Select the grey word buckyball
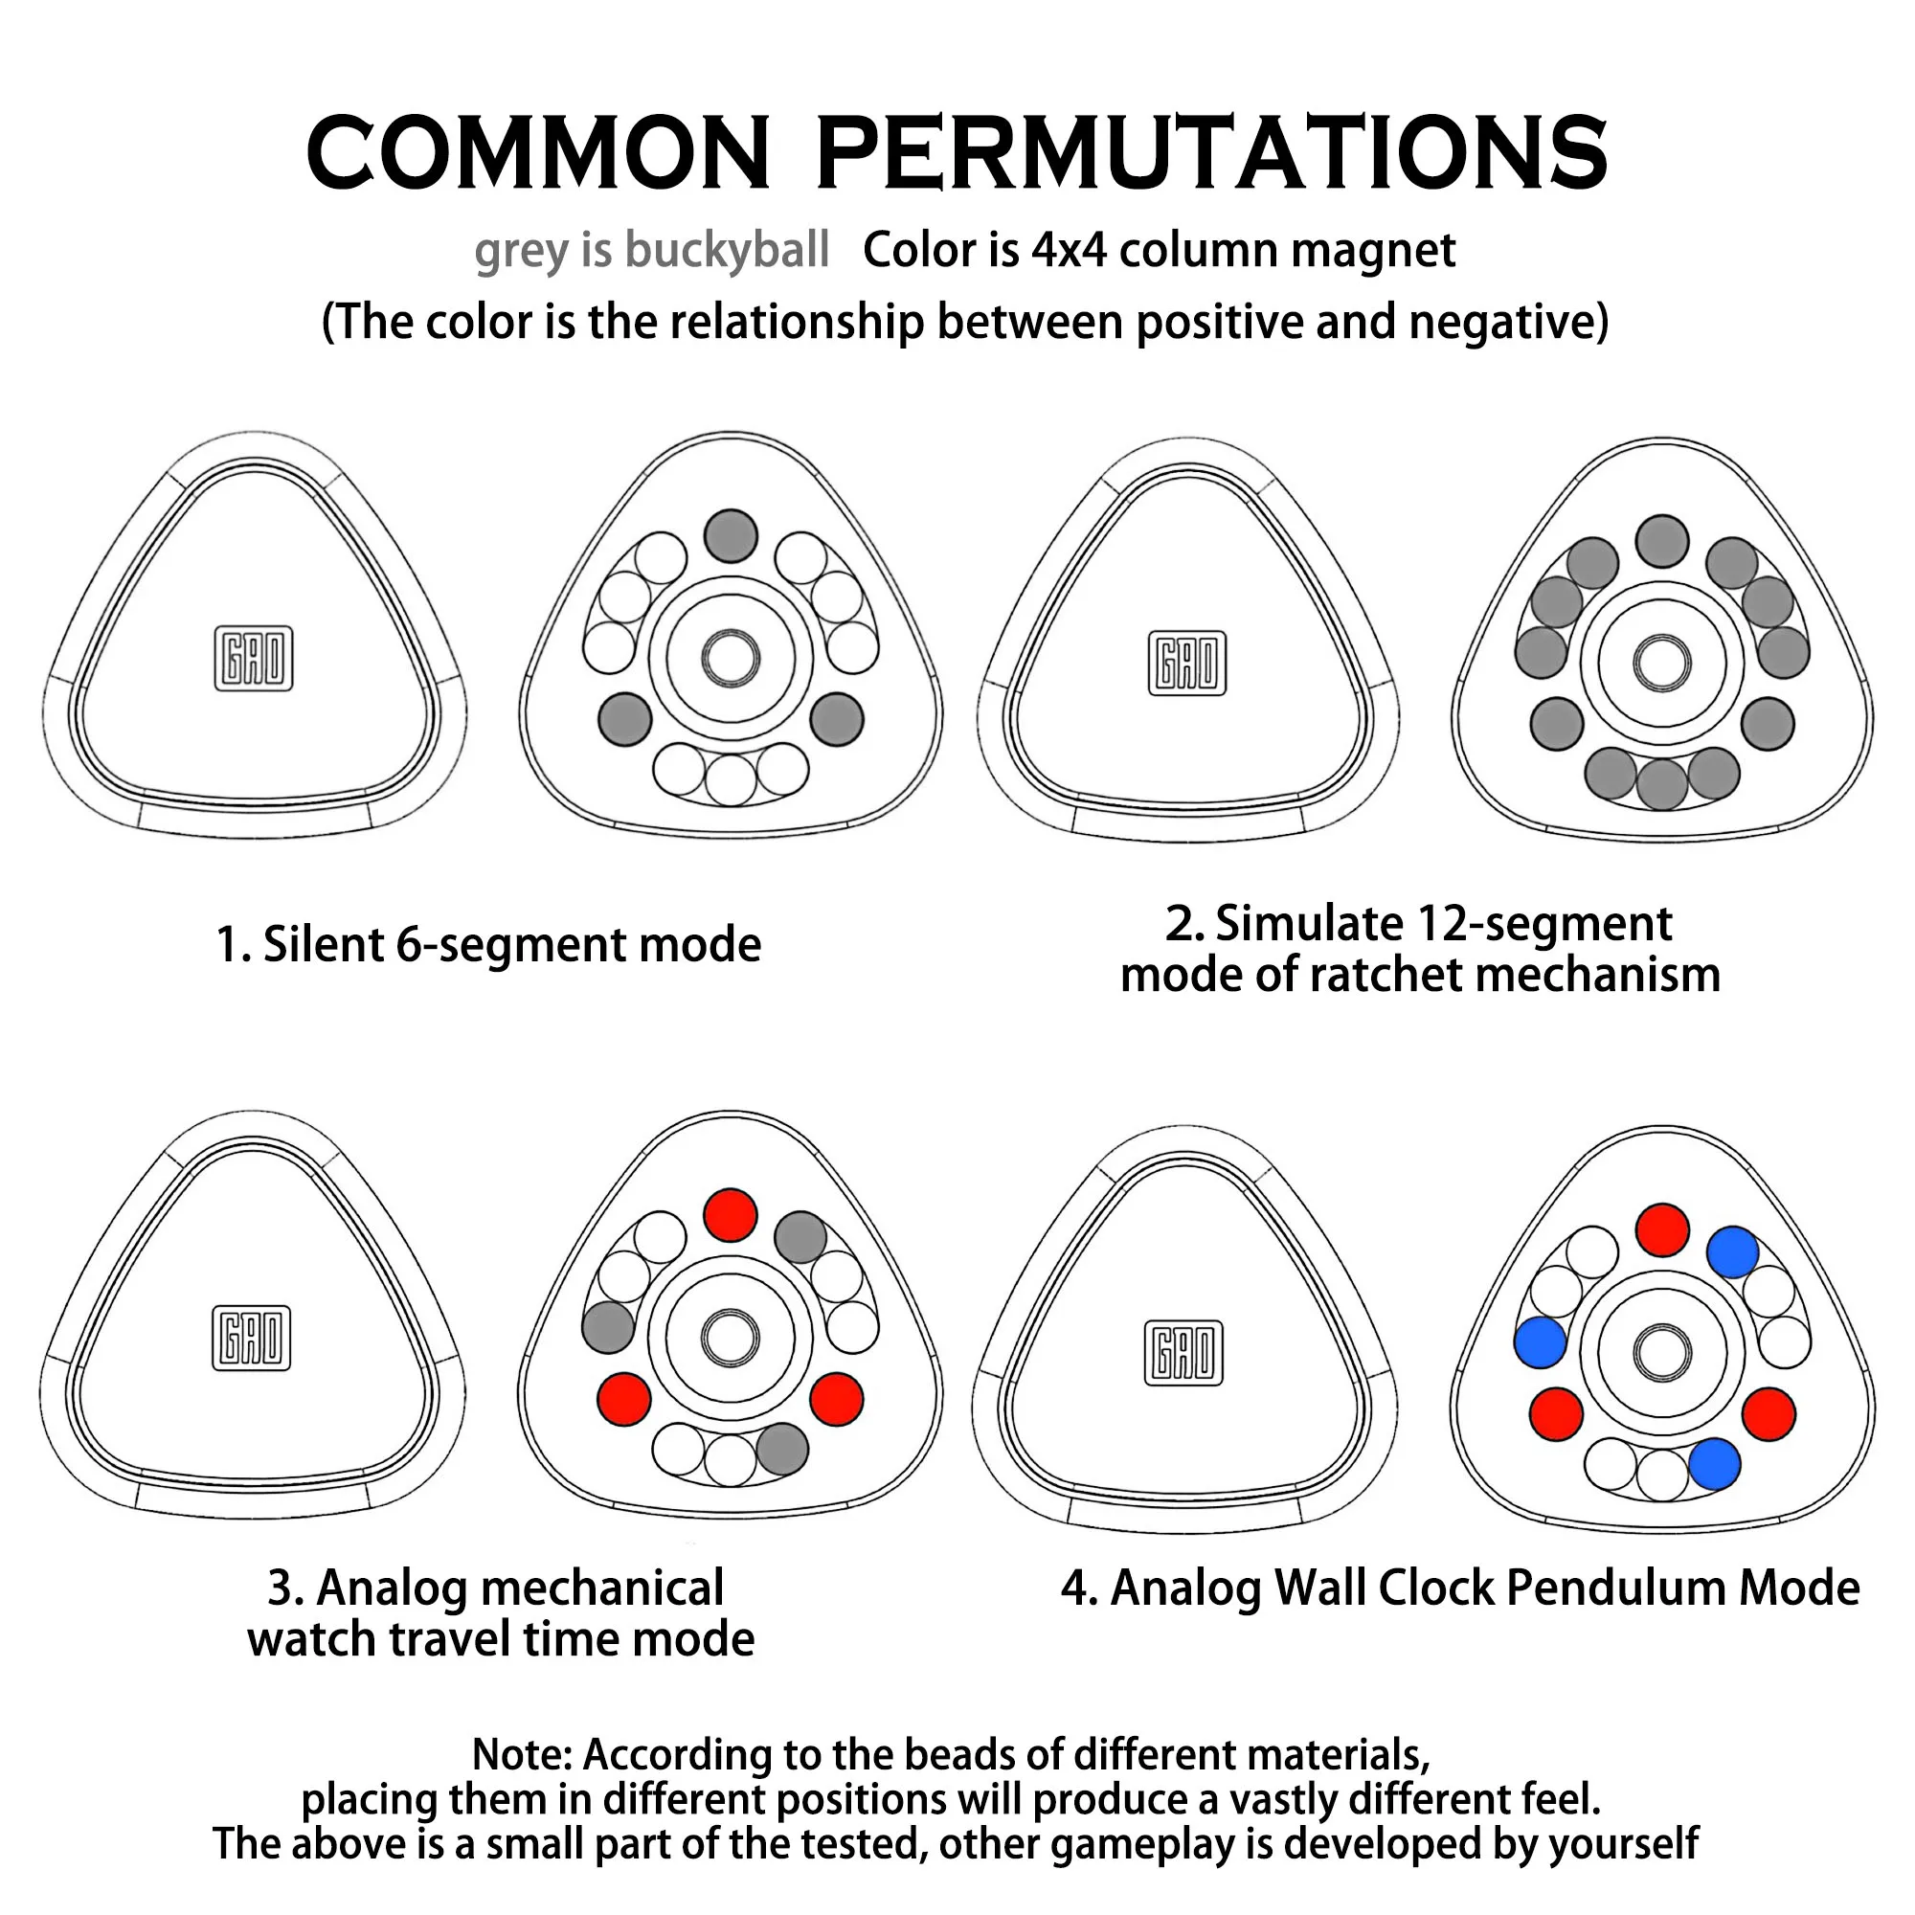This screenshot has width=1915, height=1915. (728, 250)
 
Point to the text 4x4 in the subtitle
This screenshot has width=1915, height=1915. (1069, 250)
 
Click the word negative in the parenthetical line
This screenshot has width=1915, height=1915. (1501, 322)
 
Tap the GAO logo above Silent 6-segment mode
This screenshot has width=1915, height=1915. (254, 658)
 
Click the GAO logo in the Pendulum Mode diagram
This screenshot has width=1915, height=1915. (1183, 1352)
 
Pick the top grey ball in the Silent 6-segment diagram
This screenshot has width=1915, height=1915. (731, 535)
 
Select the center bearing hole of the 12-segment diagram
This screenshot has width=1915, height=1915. (1662, 663)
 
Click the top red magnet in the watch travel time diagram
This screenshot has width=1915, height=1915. (731, 1215)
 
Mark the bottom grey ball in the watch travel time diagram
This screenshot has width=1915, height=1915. (782, 1449)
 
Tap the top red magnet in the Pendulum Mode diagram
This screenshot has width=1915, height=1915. (1662, 1230)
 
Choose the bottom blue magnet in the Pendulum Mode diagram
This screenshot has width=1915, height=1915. (1714, 1463)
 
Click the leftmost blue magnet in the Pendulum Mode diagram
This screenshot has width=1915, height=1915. (1541, 1342)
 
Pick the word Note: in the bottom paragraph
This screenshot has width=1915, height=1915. (522, 1754)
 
